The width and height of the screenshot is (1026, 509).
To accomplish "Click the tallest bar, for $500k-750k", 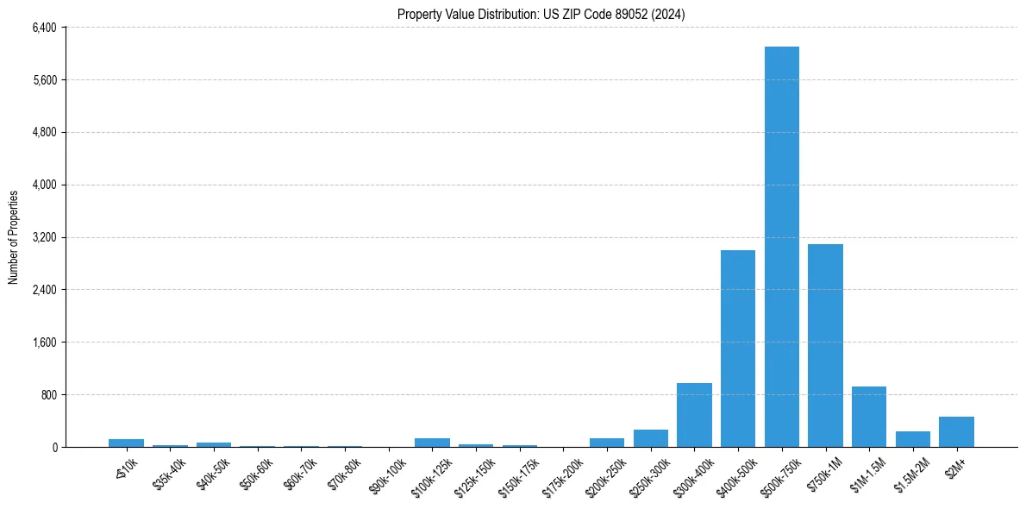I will click(x=781, y=247).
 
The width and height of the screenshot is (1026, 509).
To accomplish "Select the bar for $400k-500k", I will click(x=738, y=349).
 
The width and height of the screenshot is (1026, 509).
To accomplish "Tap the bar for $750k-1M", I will click(x=825, y=345).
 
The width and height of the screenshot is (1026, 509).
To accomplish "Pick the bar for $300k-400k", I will click(x=694, y=415).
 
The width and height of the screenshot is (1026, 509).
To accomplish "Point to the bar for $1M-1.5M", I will click(x=869, y=417).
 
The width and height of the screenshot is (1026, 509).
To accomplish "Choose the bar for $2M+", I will click(x=956, y=432).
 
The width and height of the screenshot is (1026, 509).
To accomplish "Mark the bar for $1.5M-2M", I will click(x=912, y=439).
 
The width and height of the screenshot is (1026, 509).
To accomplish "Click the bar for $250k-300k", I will click(x=651, y=438).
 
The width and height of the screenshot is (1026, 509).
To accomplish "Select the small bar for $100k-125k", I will click(x=432, y=443).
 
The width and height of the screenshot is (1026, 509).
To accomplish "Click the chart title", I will click(x=541, y=15).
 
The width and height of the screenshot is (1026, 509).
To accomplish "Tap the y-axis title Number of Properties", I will click(x=14, y=237).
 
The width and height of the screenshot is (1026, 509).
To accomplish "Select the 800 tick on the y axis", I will click(x=48, y=395).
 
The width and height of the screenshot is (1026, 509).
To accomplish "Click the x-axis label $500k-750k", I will click(x=779, y=472).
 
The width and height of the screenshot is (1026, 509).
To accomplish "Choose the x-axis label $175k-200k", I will click(x=560, y=472).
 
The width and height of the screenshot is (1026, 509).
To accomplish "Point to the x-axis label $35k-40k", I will click(x=167, y=470).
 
